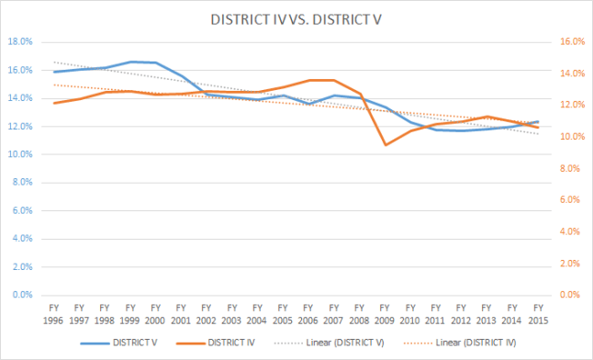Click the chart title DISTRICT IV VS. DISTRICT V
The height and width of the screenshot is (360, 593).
point(296,19)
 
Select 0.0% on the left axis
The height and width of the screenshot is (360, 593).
point(21,296)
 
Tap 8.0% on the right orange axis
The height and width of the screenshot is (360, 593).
point(569,168)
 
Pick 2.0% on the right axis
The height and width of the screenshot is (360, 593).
point(569,264)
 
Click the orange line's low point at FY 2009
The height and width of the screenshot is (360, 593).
point(386,144)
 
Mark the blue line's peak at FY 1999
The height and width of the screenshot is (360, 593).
point(131,62)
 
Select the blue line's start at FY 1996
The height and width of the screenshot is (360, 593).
point(54,72)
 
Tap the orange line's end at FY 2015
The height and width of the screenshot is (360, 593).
point(539,127)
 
